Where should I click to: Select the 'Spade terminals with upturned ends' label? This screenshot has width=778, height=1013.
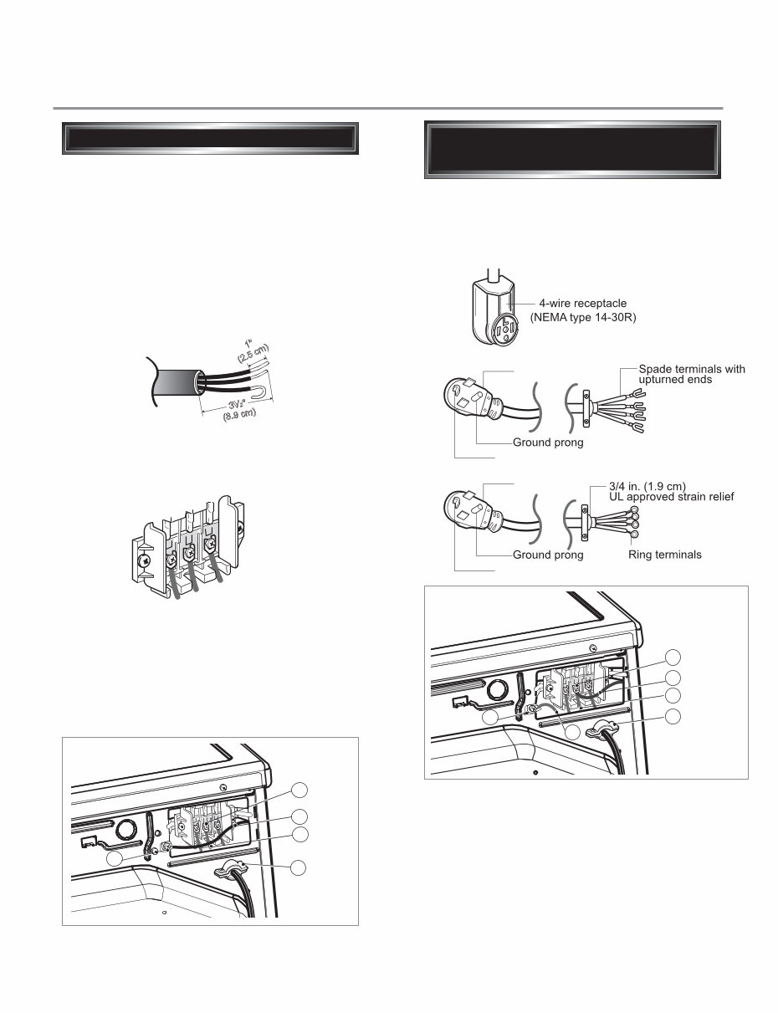[691, 374]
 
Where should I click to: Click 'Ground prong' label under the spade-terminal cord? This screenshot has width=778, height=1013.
[548, 443]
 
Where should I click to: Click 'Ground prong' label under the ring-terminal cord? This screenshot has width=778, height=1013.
[548, 555]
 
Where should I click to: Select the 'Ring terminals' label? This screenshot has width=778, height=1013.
[665, 555]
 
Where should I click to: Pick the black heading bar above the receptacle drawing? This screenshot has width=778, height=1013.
[572, 151]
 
